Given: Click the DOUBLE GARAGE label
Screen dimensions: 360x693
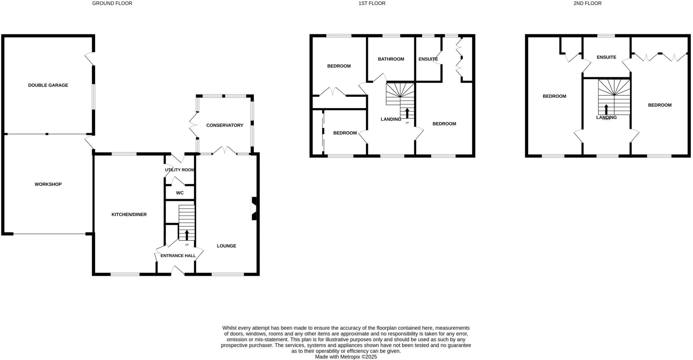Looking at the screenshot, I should pos(48,85).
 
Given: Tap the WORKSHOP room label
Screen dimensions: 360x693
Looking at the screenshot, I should pos(48,184).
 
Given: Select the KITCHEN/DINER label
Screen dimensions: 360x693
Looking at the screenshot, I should pos(129,215).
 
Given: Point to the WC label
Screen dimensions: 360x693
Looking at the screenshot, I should pos(180,193).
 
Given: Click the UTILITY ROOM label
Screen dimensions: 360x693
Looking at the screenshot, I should pos(180,170).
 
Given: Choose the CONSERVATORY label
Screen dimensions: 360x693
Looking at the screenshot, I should pos(225,125).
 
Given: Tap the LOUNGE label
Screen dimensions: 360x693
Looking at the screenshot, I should pos(226,246).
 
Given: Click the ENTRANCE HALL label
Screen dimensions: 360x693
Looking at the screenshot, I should pos(178,256).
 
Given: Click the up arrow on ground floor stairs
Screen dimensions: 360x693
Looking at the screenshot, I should pos(187,235).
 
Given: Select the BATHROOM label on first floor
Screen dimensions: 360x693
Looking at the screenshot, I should pos(391,59).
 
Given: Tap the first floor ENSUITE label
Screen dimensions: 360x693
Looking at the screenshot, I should pos(428,59).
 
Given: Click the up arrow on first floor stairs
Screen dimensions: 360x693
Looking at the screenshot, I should pos(407,113).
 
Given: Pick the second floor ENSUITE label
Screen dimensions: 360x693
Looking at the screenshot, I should pos(606,58).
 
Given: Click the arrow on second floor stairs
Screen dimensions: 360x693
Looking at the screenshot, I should pos(606,109).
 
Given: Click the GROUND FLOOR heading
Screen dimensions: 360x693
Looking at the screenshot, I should pos(112,3).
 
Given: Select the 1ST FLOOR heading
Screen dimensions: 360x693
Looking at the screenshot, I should pos(372,3).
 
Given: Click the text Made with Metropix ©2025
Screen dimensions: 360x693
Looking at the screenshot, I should pos(346,357).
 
